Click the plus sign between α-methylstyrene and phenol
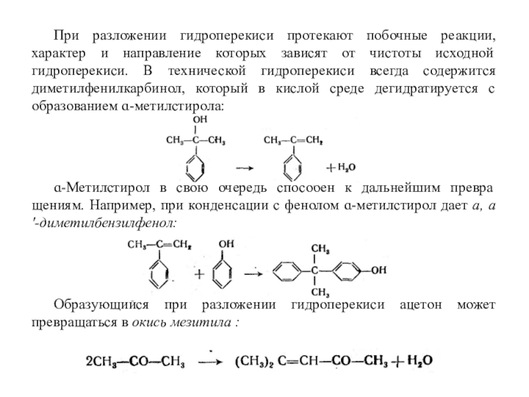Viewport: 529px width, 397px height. pyautogui.click(x=197, y=272)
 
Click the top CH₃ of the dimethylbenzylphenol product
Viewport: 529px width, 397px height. pyautogui.click(x=320, y=249)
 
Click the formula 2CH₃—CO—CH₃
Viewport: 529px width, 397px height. pyautogui.click(x=136, y=362)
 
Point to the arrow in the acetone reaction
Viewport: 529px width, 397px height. pyautogui.click(x=212, y=363)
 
